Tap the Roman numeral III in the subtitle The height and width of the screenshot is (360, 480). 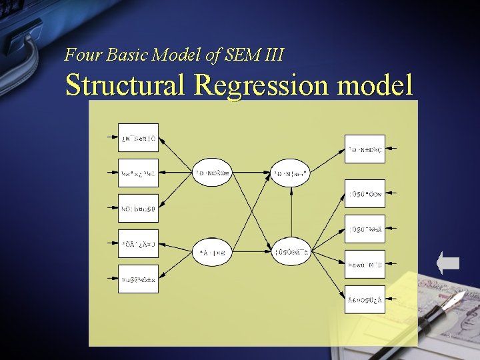274,55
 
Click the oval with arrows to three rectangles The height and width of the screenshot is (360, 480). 213,173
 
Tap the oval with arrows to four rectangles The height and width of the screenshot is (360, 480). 291,251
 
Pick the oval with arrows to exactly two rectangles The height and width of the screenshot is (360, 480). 213,253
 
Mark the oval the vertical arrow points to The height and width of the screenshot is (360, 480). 291,173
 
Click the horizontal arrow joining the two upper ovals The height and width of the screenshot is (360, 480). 252,173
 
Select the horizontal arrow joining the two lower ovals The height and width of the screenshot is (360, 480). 252,252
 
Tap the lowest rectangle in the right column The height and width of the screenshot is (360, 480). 365,299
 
